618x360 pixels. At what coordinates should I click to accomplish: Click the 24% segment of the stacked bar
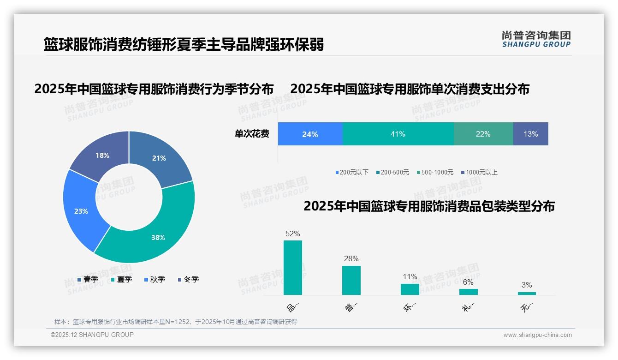click(x=310, y=134)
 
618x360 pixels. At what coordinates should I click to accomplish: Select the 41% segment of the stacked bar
click(x=398, y=134)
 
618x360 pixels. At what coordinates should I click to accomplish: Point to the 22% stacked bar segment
click(x=483, y=134)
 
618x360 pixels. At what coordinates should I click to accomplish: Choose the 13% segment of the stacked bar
click(x=530, y=134)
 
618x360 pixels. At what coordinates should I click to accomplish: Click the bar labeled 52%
click(x=292, y=268)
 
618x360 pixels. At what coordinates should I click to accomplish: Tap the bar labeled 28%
click(x=351, y=280)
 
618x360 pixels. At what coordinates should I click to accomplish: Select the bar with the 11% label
click(x=410, y=289)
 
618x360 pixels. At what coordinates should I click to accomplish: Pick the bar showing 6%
click(x=468, y=292)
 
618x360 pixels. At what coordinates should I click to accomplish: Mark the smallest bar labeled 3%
click(x=527, y=293)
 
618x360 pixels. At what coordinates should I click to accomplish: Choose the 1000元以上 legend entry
click(x=481, y=172)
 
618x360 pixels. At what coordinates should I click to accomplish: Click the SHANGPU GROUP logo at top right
click(x=536, y=39)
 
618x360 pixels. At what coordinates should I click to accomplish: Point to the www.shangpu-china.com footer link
click(x=537, y=335)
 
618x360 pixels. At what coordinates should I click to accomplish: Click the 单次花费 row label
click(x=252, y=134)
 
